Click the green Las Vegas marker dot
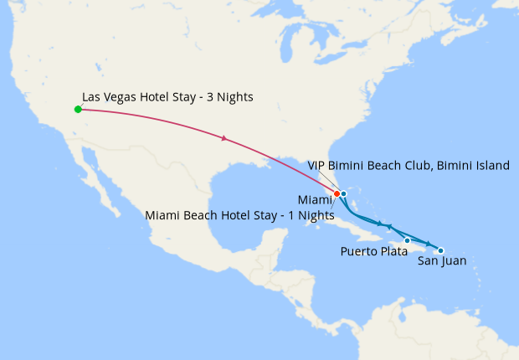(x=77, y=109)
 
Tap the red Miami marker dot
(x=337, y=193)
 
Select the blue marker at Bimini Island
(x=344, y=193)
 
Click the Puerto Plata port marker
(x=407, y=240)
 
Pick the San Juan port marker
(x=441, y=250)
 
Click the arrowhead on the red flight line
(x=224, y=138)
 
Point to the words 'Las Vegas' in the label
(x=109, y=97)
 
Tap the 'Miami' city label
(x=314, y=199)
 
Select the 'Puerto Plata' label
(x=375, y=251)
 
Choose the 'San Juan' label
(x=442, y=261)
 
